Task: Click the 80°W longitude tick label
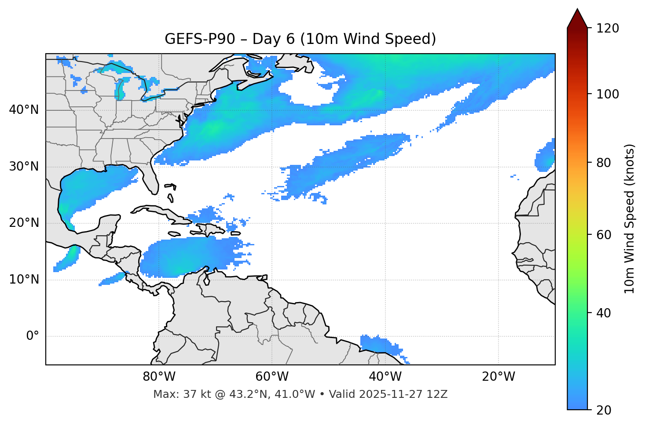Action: pos(159,377)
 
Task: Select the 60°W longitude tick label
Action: pos(272,377)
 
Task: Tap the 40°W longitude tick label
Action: pos(385,377)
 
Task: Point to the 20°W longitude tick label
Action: pos(498,377)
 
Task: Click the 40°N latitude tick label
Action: pos(24,110)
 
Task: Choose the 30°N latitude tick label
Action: pos(24,167)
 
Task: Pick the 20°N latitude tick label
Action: pos(24,223)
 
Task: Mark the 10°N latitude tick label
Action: pos(24,280)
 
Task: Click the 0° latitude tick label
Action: pos(33,336)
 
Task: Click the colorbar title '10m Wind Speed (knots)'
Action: pos(630,218)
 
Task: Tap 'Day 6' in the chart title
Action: pos(273,39)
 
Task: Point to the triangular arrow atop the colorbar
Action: pos(577,18)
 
